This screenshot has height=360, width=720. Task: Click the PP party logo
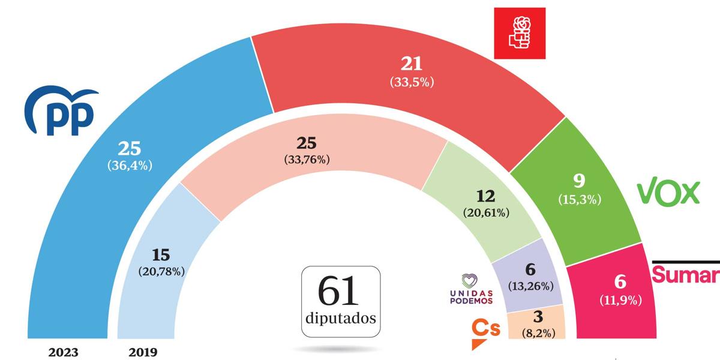(x=60, y=113)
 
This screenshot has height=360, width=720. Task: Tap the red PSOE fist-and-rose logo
(x=520, y=33)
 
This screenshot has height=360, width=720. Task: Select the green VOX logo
(x=668, y=193)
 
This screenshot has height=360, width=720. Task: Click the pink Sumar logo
(x=685, y=275)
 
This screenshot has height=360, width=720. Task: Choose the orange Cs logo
(x=484, y=329)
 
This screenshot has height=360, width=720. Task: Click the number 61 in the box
(x=340, y=292)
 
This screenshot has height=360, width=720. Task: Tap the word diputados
(x=340, y=318)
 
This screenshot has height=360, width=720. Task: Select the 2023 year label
(x=63, y=352)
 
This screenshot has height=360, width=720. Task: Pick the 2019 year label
(x=143, y=352)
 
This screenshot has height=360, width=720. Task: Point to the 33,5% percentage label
(x=411, y=83)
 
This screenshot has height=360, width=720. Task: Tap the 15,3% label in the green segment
(x=579, y=199)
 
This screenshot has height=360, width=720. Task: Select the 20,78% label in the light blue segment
(x=161, y=271)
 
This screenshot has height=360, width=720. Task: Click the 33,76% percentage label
(x=307, y=160)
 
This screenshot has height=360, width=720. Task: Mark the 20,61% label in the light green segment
(x=486, y=212)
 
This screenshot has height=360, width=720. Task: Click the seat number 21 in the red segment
(x=412, y=64)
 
